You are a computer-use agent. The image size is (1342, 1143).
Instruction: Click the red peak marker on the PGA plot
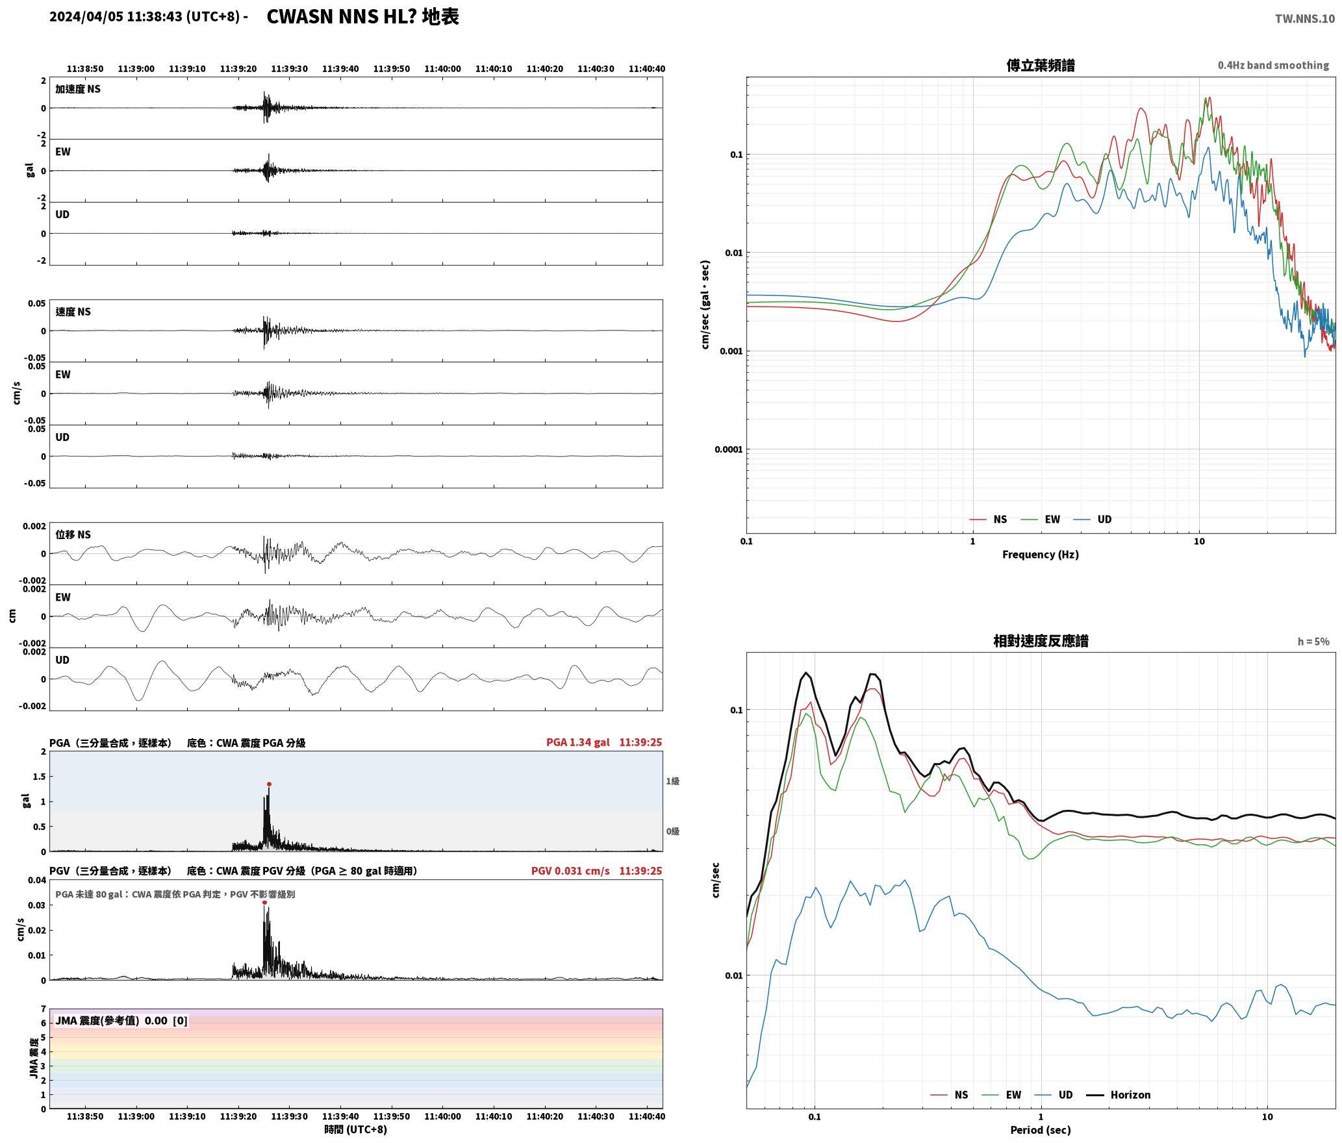tap(269, 784)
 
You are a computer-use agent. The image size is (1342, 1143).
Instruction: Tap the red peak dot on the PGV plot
tap(264, 902)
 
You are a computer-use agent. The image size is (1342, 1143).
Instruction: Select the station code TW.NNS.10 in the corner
tap(1305, 18)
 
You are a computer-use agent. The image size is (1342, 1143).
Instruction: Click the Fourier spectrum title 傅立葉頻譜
tap(1041, 65)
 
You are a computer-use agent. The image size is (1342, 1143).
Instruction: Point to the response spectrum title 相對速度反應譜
tap(1041, 641)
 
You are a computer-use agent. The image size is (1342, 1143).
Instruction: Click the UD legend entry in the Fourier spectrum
tap(1093, 520)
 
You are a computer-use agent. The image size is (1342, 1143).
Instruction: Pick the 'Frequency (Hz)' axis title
tap(1041, 555)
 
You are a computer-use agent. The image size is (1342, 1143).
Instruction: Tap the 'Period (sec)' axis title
tap(1041, 1130)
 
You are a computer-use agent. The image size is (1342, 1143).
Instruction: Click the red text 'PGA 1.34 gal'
tap(577, 742)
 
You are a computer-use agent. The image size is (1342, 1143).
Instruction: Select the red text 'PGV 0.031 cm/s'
tap(570, 871)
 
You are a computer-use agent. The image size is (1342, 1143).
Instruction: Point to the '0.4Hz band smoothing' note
tap(1273, 65)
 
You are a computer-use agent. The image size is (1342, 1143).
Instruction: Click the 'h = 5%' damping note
tap(1313, 642)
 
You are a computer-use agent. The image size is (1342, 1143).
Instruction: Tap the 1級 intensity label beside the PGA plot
tap(672, 781)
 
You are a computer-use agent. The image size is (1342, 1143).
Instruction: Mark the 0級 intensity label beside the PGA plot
tap(672, 831)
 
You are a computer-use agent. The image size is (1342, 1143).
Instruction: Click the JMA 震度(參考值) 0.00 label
tap(121, 1020)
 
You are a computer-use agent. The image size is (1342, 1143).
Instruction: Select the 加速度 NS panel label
tap(78, 89)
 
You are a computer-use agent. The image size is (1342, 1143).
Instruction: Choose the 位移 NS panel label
tap(73, 534)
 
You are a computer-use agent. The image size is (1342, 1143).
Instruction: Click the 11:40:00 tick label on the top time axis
tap(442, 68)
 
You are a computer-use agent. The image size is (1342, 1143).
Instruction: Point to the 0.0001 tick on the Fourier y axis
tap(728, 449)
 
